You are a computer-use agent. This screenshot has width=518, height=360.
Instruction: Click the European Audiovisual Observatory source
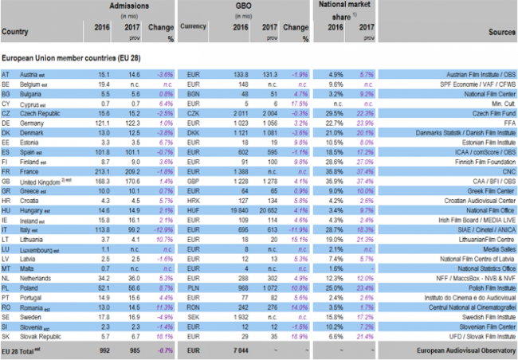pos(469,327)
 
